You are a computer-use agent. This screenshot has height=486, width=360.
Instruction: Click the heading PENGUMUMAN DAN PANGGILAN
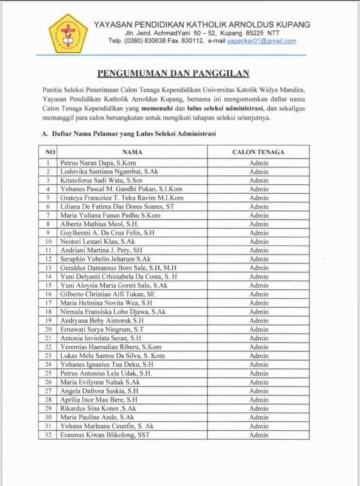[x=173, y=73]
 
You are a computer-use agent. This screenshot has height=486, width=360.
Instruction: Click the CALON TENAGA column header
[x=259, y=152]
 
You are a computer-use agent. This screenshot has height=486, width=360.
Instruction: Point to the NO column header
[x=50, y=152]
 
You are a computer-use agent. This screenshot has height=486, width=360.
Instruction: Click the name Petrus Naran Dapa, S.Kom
[x=98, y=163]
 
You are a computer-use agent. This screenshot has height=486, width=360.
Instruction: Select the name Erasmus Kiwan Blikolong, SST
[x=105, y=435]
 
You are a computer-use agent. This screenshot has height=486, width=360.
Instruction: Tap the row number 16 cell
[x=48, y=295]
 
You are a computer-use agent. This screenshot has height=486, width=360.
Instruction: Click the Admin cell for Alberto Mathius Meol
[x=259, y=224]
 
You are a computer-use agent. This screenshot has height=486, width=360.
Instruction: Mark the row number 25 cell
[x=48, y=373]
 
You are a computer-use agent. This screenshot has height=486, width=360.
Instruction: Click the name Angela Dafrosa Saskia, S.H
[x=100, y=391]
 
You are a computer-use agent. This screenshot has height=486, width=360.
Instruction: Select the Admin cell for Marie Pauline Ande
[x=259, y=418]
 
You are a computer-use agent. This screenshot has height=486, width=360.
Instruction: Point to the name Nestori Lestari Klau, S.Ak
[x=97, y=242]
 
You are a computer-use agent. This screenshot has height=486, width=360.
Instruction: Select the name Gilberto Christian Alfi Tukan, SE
[x=108, y=295]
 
